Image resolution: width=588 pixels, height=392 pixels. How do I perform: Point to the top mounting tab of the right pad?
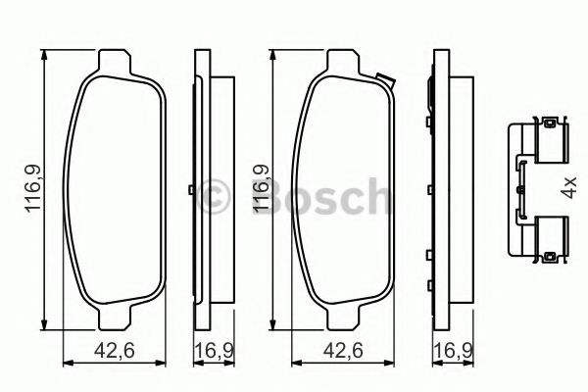coord(345,60)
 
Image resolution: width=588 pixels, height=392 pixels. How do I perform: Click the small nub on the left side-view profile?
coord(188,189)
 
